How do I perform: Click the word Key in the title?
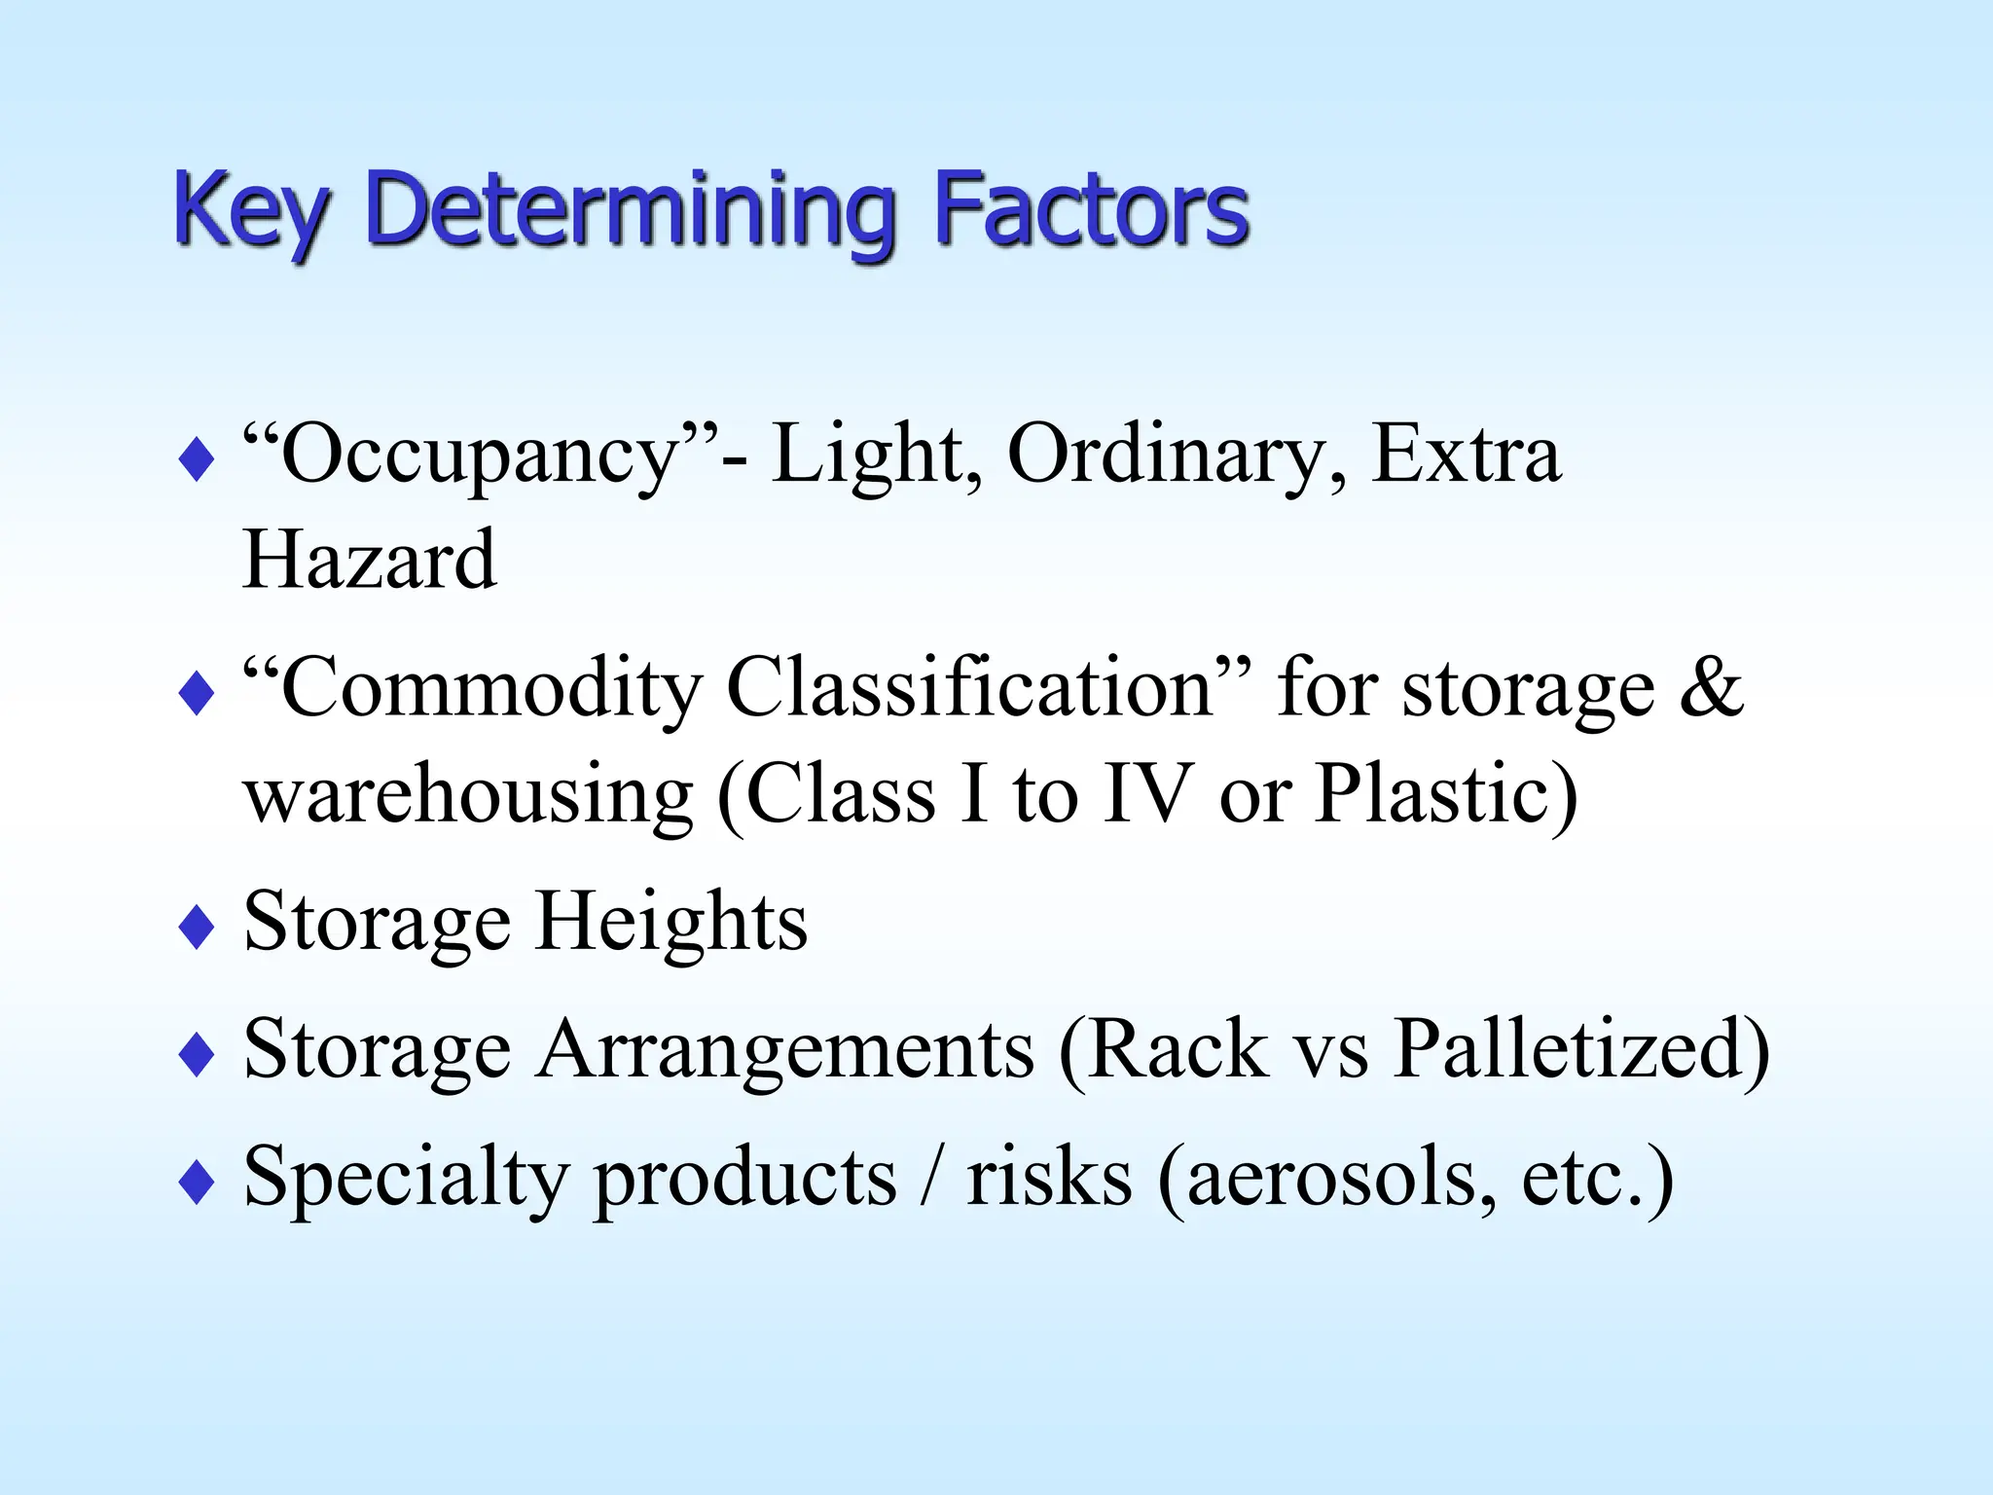click(251, 210)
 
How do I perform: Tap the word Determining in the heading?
click(631, 210)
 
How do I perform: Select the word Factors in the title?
click(1091, 208)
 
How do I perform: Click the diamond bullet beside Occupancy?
click(197, 459)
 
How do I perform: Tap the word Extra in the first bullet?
click(1466, 454)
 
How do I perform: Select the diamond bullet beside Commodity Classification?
click(197, 694)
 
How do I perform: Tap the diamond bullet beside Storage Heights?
click(197, 927)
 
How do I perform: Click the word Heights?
click(671, 921)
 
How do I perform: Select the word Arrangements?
click(785, 1049)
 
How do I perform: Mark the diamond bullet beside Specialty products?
click(197, 1183)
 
